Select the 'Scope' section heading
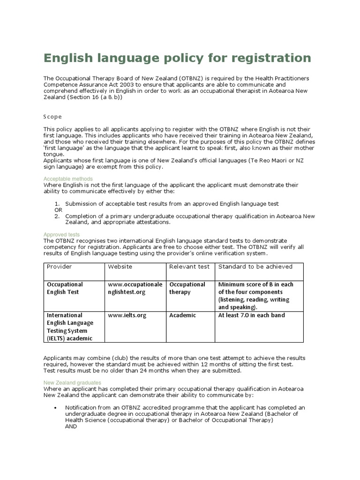tap(52, 116)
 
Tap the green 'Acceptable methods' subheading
tap(68, 179)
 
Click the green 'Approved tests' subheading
tap(61, 234)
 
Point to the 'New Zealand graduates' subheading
tap(72, 382)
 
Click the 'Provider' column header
tap(59, 266)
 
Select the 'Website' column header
tap(120, 266)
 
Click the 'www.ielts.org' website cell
tap(127, 315)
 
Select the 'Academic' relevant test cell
tap(182, 315)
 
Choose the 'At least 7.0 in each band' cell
tap(251, 315)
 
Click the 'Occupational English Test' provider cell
tap(65, 288)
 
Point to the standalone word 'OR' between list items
tap(59, 210)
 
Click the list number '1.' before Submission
tap(57, 203)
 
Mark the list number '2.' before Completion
tap(57, 216)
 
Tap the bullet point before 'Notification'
tap(56, 407)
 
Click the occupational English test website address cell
tap(136, 288)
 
